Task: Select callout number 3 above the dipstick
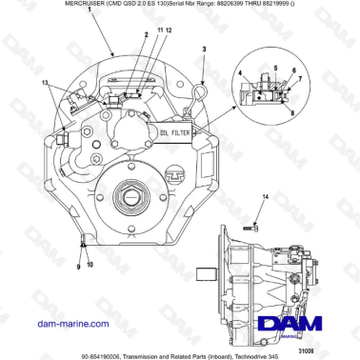pos(202,47)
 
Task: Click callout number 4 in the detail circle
pos(242,72)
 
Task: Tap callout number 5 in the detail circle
pos(271,68)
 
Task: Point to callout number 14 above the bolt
pos(266,196)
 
